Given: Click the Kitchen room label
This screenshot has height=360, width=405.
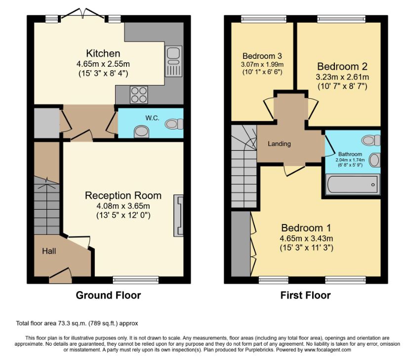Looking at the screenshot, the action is click(103, 53).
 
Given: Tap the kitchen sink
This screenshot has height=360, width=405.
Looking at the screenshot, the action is click(173, 61).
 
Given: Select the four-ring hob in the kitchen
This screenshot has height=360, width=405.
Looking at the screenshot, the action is click(139, 94).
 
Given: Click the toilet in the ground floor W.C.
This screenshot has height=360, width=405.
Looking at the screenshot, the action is click(174, 124).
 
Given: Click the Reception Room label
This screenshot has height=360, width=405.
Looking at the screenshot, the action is click(123, 195).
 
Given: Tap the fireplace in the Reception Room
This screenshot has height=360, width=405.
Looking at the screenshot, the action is click(179, 216).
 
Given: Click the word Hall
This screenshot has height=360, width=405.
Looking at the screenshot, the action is click(49, 251).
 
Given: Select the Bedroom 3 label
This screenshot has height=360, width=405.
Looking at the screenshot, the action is click(262, 56).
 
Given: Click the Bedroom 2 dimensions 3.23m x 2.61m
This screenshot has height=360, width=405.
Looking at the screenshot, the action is click(342, 77).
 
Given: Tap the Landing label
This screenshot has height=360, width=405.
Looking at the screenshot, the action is click(279, 144).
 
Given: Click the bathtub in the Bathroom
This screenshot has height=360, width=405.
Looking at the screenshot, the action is click(353, 184).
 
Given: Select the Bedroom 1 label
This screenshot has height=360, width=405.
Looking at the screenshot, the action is click(306, 228).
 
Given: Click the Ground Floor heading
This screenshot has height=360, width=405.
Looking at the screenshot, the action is click(109, 295).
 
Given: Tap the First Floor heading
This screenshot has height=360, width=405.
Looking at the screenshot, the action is click(306, 295).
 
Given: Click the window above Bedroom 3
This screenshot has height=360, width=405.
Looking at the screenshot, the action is click(264, 19).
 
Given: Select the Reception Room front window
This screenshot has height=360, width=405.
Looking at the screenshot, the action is click(136, 280).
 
